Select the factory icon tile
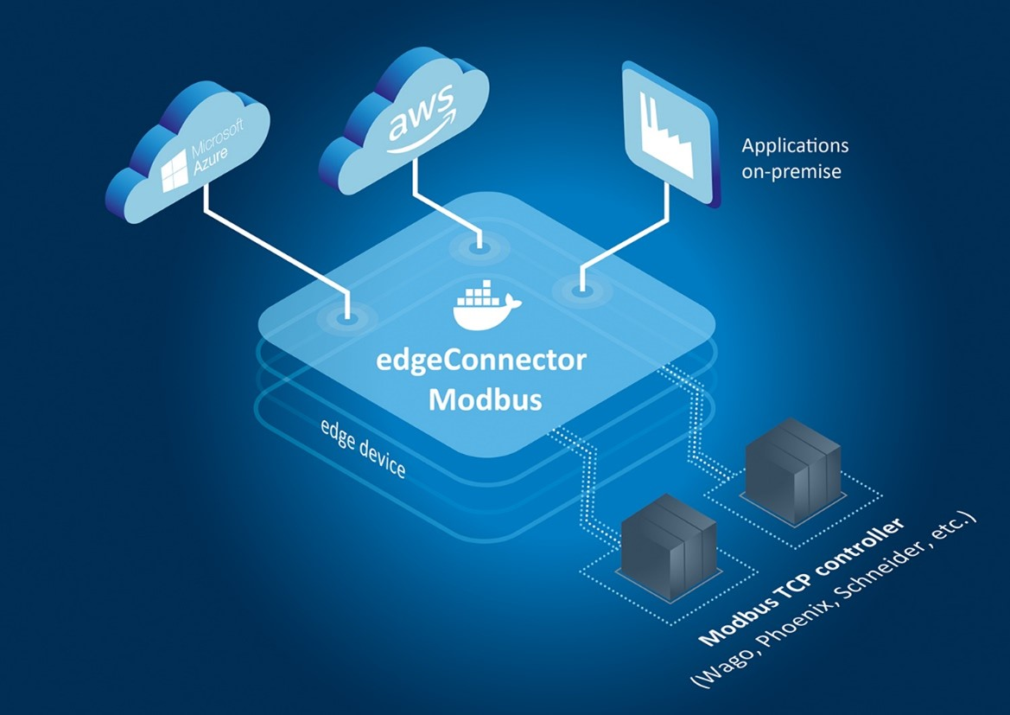click(670, 134)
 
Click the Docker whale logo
click(486, 306)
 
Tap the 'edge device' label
click(363, 450)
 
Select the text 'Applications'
click(795, 145)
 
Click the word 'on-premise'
click(791, 171)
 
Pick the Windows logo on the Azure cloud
click(176, 171)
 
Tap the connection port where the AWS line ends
click(475, 249)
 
